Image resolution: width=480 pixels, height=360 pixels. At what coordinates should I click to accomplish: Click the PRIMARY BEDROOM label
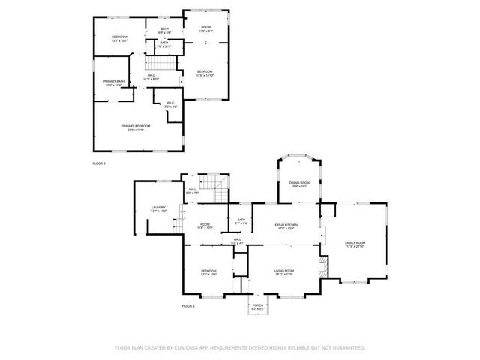pos(136,126)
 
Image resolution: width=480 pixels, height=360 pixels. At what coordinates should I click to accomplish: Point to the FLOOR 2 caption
pos(99,163)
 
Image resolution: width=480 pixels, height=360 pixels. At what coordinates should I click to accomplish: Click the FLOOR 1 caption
pos(188,306)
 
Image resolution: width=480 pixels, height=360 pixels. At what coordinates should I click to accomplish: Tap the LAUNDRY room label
pos(158,209)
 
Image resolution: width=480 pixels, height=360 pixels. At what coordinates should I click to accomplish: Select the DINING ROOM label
pos(299,184)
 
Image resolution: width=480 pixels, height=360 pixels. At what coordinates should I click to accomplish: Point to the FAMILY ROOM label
pos(355,244)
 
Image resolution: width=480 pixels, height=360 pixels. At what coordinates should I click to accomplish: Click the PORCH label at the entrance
pos(257,307)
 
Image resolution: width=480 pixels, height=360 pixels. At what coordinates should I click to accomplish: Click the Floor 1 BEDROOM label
pos(208,271)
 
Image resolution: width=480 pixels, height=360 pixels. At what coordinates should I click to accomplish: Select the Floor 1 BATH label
pos(241,221)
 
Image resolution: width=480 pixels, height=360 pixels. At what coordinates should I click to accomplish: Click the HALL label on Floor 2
pos(151,76)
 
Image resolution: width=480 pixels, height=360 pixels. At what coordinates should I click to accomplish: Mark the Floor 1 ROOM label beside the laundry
pos(205,225)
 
